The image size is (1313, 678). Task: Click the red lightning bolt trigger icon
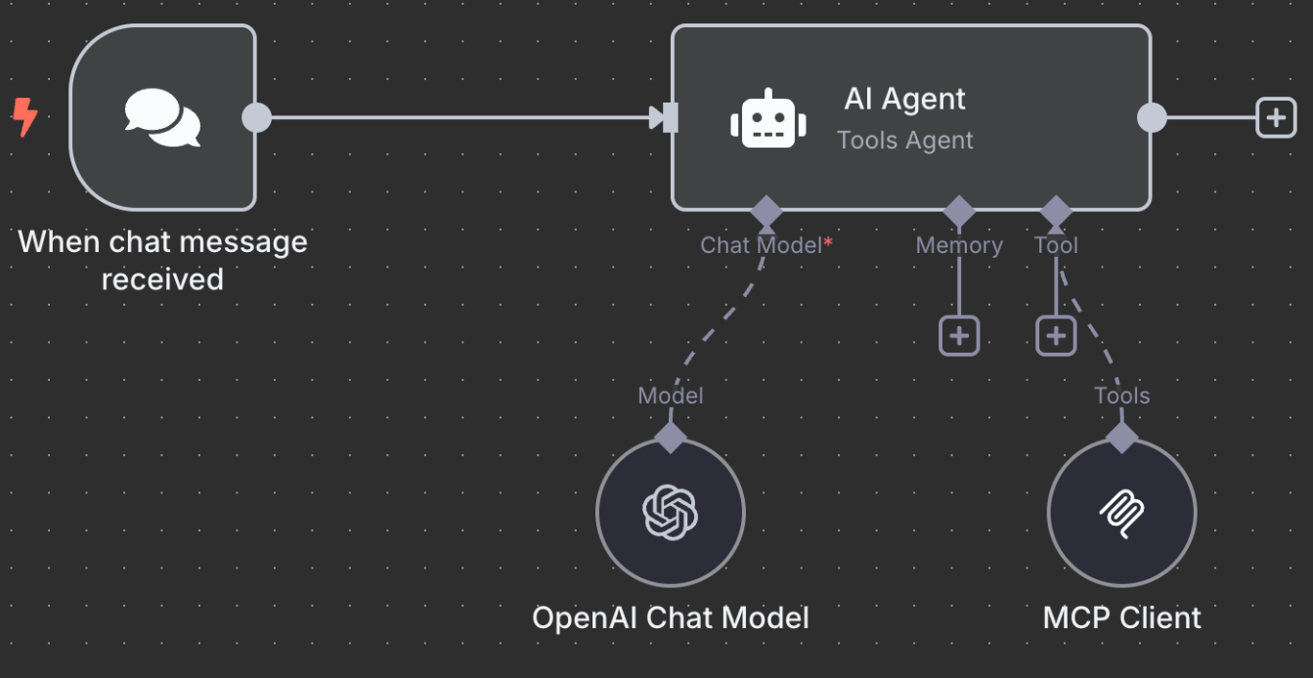(25, 117)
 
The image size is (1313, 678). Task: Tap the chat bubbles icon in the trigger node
(162, 117)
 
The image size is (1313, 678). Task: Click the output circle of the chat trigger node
(257, 117)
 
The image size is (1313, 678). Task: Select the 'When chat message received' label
(162, 260)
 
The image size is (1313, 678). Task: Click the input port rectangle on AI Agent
(670, 117)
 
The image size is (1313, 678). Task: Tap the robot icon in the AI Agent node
(768, 120)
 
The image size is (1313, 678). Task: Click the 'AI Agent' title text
(904, 98)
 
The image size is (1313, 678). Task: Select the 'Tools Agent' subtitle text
(904, 140)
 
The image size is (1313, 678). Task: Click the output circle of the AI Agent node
(1152, 117)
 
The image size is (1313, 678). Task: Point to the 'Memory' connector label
(958, 245)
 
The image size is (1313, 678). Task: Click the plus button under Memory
(959, 336)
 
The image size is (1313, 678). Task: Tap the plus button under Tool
(1055, 336)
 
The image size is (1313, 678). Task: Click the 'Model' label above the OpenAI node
(670, 395)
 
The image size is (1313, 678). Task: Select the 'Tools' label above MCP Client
(1122, 395)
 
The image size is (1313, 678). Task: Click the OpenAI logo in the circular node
(670, 512)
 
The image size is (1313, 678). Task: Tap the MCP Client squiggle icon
(1122, 512)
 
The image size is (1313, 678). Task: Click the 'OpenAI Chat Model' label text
(670, 617)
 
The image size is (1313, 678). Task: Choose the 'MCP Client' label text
(1122, 617)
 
